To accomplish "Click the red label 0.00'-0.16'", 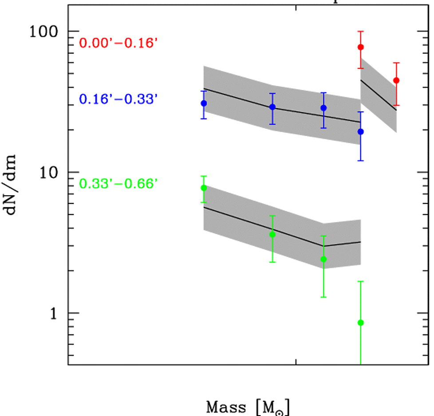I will coord(118,43).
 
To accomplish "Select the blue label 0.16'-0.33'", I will coord(118,99).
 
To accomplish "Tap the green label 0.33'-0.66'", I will coord(118,183).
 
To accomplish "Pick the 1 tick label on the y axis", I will coord(55,313).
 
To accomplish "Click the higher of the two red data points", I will coord(361,47).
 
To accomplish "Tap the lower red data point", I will coord(396,80).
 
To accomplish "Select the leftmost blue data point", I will coord(204,103).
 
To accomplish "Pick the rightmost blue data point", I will coord(361,132).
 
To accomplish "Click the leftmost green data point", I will coord(204,188).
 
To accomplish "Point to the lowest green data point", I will coord(361,322).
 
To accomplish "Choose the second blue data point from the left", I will coord(272,107).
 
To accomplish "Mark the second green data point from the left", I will coord(272,234).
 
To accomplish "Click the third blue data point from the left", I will coord(324,108).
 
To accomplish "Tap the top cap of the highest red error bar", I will coord(361,31).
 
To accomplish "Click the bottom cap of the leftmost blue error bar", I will coord(204,118).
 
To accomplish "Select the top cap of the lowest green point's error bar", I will coord(361,281).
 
